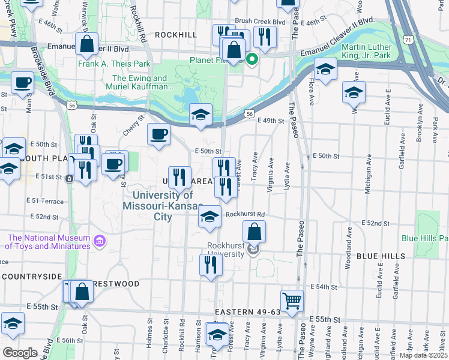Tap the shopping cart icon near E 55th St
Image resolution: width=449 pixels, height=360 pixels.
click(292, 300)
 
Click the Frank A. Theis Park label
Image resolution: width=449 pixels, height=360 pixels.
click(113, 64)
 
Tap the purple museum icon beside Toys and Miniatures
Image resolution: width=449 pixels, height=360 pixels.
click(100, 242)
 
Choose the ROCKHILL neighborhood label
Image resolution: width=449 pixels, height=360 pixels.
click(175, 35)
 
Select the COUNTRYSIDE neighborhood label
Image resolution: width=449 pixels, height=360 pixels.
click(32, 276)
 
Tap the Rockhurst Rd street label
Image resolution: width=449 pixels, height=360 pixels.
click(245, 214)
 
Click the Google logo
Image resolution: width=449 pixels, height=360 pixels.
click(20, 353)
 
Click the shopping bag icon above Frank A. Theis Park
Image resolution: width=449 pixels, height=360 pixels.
click(87, 43)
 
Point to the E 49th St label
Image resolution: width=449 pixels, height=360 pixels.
click(270, 121)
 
